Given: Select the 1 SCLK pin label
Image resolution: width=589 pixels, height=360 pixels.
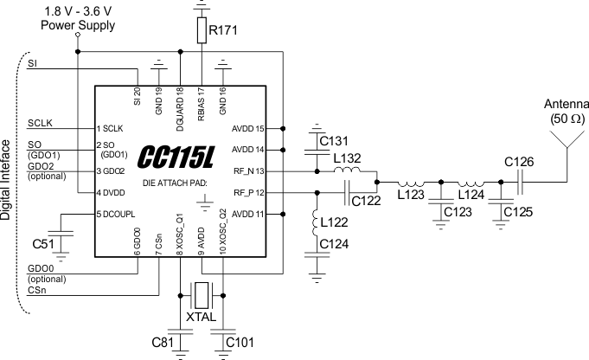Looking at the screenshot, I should (112, 128).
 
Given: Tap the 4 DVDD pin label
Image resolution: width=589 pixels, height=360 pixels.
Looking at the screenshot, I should (112, 192).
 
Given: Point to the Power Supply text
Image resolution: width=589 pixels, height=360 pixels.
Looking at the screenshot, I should (77, 25).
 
